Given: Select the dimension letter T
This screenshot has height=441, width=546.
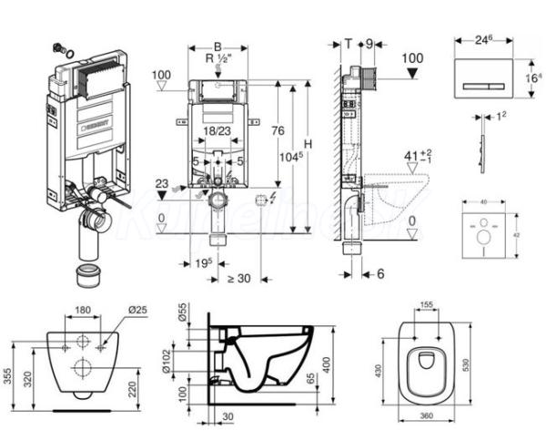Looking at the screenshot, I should click(349, 42).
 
